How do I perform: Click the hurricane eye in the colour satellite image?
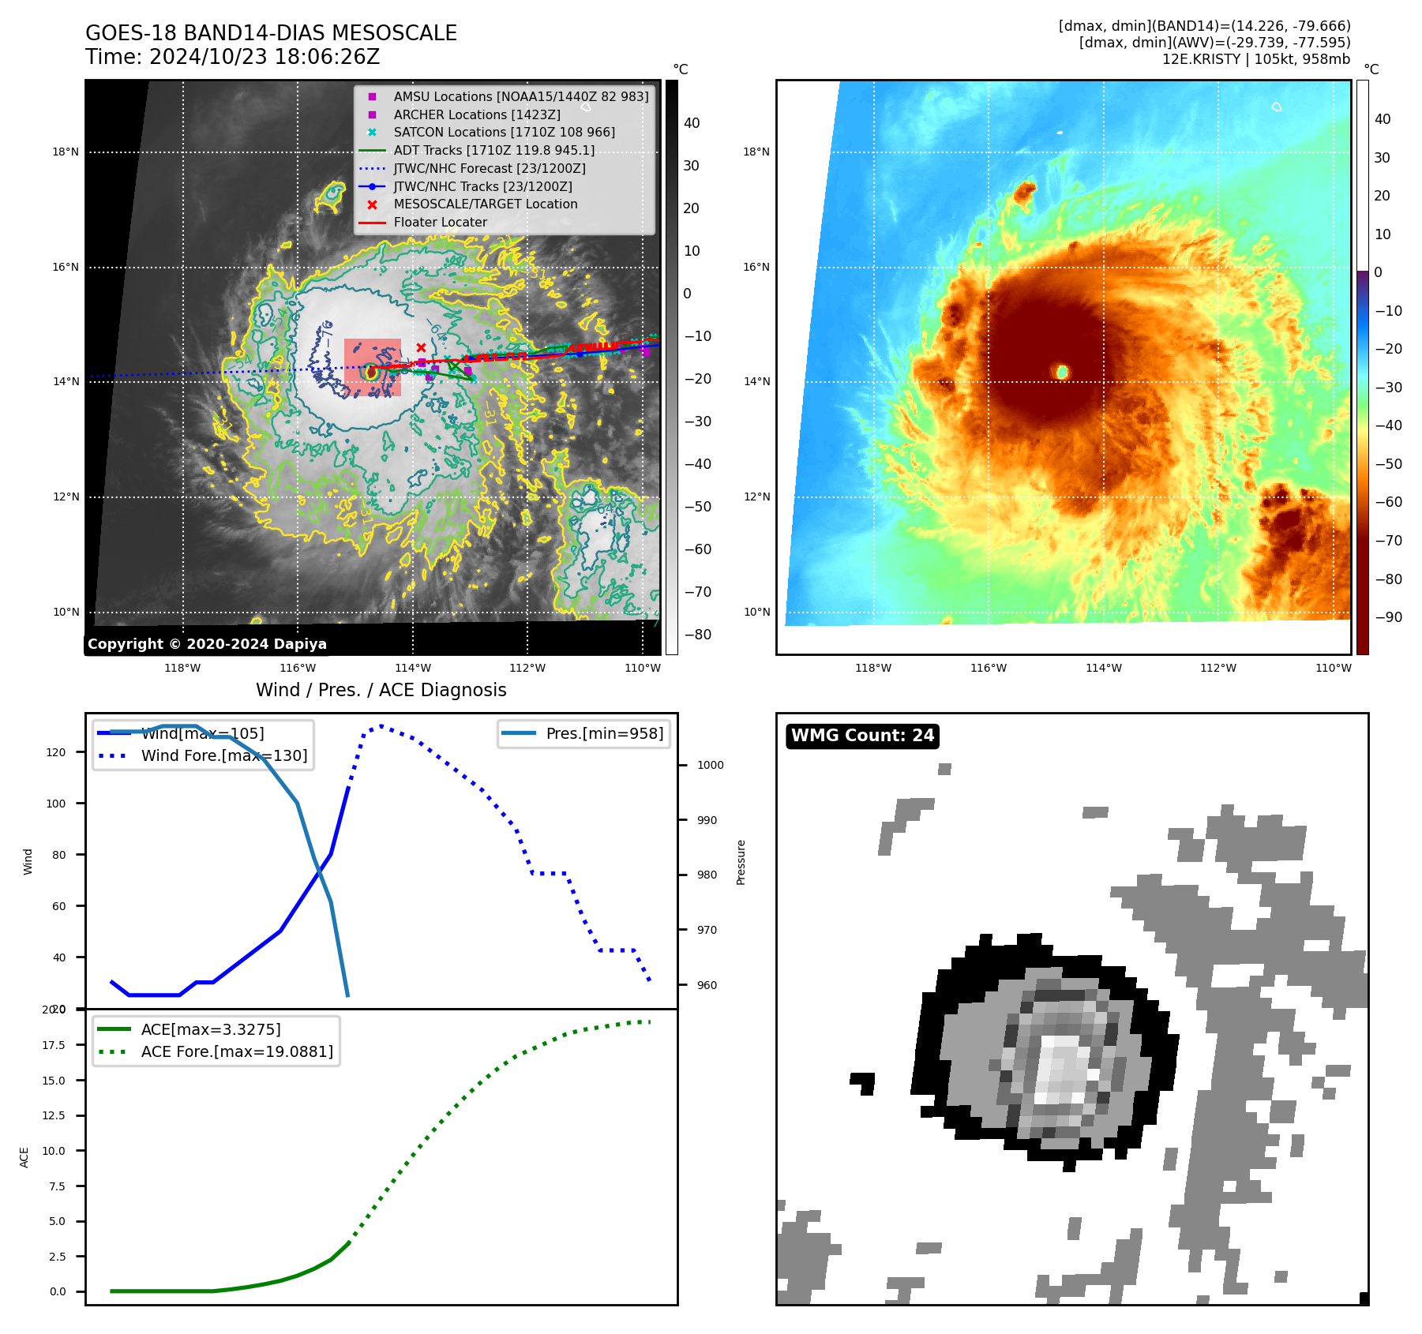click(1062, 371)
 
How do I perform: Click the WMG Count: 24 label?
click(862, 736)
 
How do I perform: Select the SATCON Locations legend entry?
click(504, 133)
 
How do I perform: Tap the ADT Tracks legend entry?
click(493, 150)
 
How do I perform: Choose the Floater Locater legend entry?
click(440, 223)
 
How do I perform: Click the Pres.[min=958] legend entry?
click(604, 733)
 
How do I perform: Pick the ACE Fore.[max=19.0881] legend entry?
click(236, 1051)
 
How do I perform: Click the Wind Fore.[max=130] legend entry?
click(223, 755)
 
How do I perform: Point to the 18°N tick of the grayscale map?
click(66, 152)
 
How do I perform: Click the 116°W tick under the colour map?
click(989, 668)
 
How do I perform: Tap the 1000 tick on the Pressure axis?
click(710, 765)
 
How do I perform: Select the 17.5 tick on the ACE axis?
click(54, 1045)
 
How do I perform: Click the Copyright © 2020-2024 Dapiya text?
click(207, 644)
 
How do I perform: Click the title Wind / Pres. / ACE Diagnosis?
click(381, 690)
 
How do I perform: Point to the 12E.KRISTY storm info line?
click(1255, 59)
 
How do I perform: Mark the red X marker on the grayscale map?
click(421, 347)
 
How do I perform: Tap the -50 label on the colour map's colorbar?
click(1388, 463)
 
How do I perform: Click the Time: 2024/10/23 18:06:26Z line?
click(232, 57)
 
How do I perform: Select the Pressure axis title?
click(741, 862)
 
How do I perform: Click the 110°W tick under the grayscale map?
click(642, 668)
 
